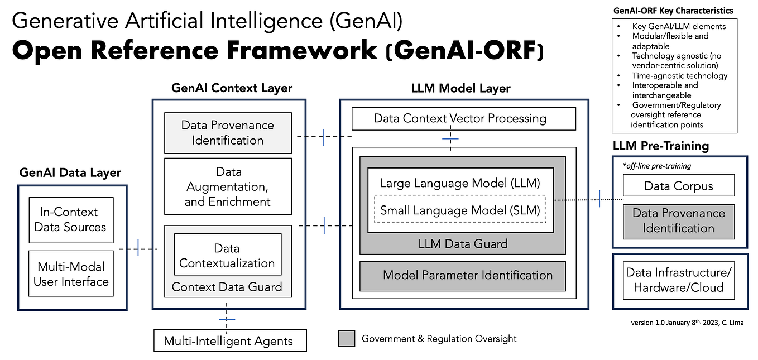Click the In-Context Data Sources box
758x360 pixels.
(71, 219)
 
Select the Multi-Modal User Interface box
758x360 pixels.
(71, 273)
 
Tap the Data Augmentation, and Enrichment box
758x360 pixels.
(228, 186)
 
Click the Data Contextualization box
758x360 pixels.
(227, 255)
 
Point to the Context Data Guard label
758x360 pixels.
(227, 287)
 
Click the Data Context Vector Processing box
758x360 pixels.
(459, 118)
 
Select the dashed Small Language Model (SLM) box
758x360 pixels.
(459, 210)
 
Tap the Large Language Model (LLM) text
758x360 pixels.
(460, 183)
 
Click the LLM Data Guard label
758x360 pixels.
(463, 244)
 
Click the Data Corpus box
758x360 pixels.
(678, 186)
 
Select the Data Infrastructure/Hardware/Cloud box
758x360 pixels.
(678, 280)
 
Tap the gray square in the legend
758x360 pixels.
(347, 339)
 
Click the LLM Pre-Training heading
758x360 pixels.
(660, 146)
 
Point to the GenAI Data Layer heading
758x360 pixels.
(70, 172)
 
